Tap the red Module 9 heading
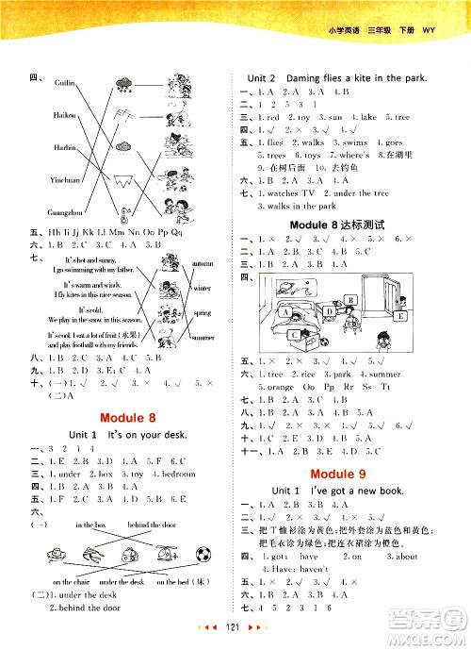(347, 468)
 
